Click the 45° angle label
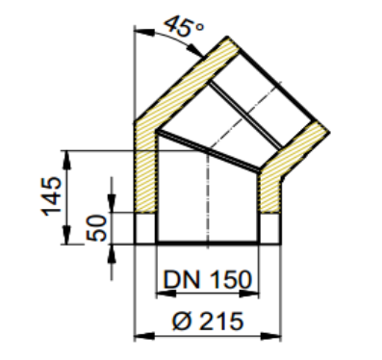184,27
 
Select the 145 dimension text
51,196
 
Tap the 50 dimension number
96,228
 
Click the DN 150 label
207,279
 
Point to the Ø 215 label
208,321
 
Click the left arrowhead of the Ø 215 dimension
144,337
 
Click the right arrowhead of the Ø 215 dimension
270,337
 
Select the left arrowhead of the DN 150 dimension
166,294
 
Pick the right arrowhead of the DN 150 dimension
248,294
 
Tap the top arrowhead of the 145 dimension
66,160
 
